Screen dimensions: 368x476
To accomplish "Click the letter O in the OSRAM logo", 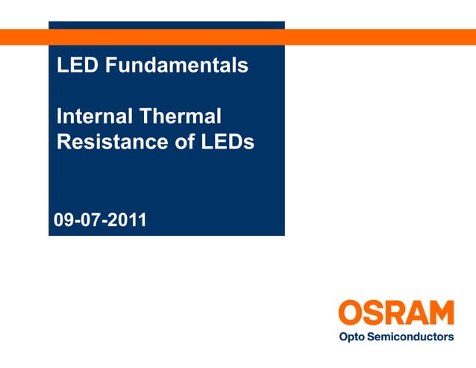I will coord(351,313).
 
